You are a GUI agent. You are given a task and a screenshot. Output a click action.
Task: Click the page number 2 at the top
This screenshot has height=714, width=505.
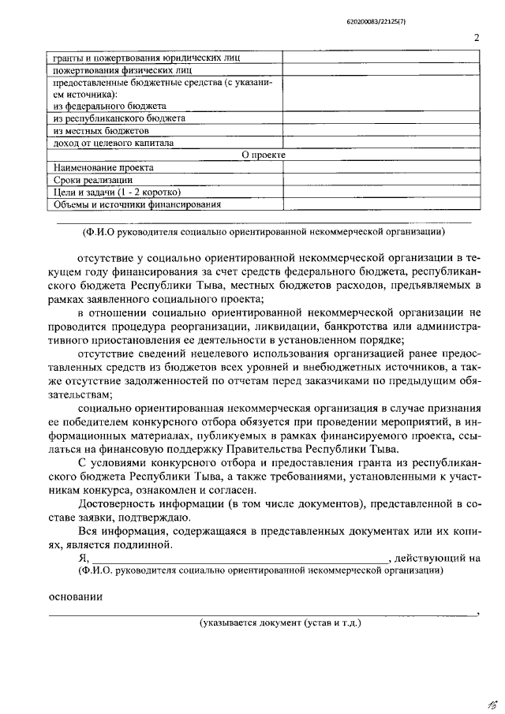(x=477, y=38)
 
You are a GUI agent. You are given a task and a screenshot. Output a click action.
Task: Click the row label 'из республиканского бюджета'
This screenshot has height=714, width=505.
(x=119, y=118)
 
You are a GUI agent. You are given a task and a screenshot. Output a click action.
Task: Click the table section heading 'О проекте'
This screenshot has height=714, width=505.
(x=263, y=155)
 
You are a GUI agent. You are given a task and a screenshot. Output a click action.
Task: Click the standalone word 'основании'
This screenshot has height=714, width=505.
(x=74, y=596)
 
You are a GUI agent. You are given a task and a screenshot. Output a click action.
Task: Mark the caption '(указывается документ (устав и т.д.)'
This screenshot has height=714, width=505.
(x=280, y=622)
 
